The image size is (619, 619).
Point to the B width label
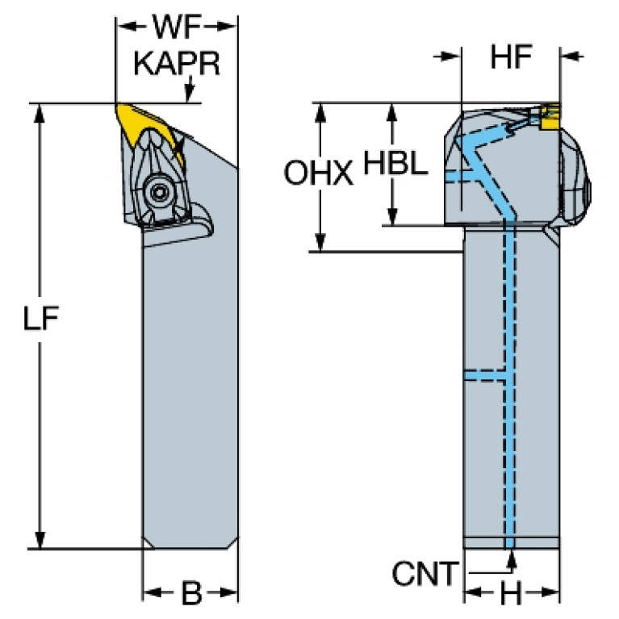(190, 595)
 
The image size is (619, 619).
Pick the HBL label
(394, 164)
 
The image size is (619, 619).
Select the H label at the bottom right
(511, 595)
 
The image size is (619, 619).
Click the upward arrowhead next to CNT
(510, 555)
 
